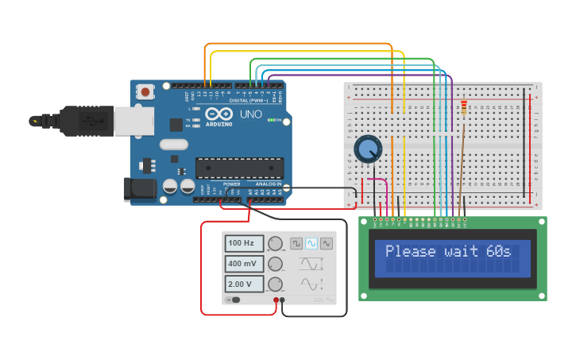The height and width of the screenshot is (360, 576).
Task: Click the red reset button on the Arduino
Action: coord(145,92)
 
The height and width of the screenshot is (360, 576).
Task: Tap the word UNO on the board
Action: coord(251,115)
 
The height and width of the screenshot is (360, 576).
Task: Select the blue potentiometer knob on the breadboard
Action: coord(367,149)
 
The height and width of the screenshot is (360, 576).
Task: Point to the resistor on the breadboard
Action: coord(464,108)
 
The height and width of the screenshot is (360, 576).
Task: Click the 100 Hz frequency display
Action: coord(244,243)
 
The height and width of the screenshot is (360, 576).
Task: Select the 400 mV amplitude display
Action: coord(244,264)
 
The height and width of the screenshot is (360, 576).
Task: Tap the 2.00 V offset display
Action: coord(244,284)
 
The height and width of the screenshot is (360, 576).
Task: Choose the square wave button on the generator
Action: coord(296,243)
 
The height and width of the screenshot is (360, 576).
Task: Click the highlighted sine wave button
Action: coord(311,243)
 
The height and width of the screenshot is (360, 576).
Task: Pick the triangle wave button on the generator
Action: coord(327,243)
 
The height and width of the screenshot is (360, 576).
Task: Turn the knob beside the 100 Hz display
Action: coord(276,244)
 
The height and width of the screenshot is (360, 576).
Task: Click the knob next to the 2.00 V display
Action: coord(276,285)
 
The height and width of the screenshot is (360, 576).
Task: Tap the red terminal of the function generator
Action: coord(276,300)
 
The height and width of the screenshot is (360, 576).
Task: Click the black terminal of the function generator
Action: coord(284,300)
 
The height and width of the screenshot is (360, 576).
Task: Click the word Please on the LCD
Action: coord(411,251)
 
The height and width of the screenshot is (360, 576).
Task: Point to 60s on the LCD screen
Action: coord(498,251)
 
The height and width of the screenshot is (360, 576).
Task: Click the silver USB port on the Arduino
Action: coord(133,121)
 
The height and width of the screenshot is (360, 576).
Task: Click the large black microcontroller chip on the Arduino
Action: coord(239,168)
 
